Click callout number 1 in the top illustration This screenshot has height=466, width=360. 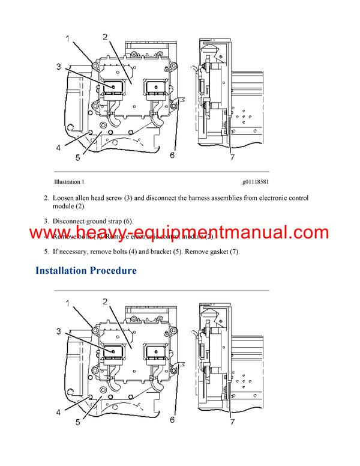pos(68,40)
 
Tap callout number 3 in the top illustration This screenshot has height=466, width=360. pos(59,66)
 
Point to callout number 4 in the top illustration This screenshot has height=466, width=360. pos(58,147)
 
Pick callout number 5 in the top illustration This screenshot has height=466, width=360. pos(78,159)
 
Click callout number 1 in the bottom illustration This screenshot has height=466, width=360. pos(68,303)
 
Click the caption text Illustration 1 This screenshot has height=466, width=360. pos(69,181)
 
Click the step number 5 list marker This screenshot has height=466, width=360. pos(46,252)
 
